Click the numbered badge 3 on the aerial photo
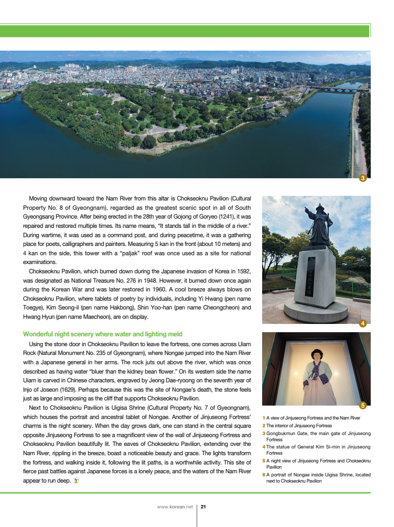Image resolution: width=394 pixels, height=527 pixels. tap(362, 179)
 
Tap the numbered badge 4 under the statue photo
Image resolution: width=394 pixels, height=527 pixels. tap(362, 324)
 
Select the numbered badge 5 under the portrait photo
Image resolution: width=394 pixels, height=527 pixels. tap(362, 406)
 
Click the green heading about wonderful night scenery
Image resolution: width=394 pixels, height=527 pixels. tap(102, 334)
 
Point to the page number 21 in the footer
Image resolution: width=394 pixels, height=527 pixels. tap(203, 507)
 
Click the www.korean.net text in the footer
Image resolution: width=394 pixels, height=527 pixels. tap(174, 507)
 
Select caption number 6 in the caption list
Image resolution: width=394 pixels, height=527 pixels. tap(264, 474)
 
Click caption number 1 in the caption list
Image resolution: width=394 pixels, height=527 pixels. tap(264, 417)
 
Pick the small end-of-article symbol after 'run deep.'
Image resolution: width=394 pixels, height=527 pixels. tap(76, 480)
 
